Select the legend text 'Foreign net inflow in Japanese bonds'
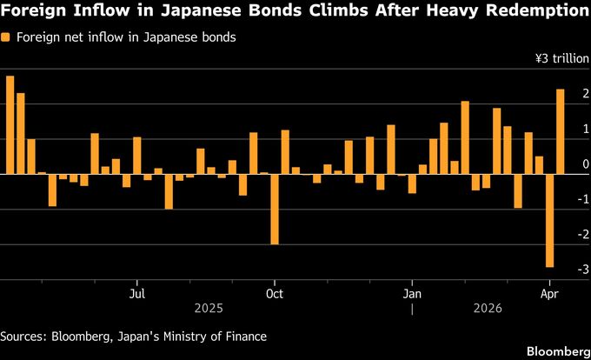click(x=125, y=38)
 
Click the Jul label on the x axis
click(x=136, y=294)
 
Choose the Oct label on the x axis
click(x=274, y=294)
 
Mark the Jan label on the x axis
click(x=412, y=294)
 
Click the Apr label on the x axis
click(x=548, y=294)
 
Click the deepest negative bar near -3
click(x=549, y=221)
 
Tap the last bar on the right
click(x=561, y=131)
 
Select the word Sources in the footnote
click(x=24, y=336)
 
